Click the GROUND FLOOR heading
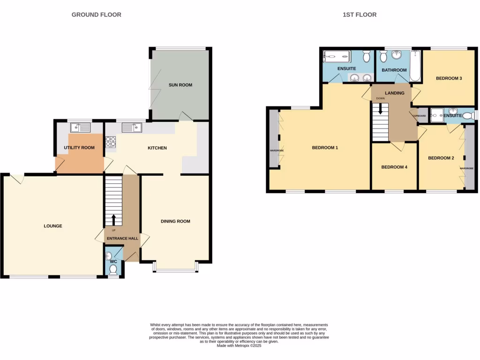point(96,15)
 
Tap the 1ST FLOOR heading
point(360,15)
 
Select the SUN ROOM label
point(180,85)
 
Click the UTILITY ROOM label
point(79,148)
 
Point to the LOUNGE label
point(53,226)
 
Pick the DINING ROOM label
point(175,221)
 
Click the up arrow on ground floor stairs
point(113,219)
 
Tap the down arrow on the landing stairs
point(380,109)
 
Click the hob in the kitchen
point(111,142)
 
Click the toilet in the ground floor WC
point(112,270)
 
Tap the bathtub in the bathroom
point(415,67)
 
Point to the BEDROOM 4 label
point(394,167)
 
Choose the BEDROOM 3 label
point(449,78)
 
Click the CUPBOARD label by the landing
point(420,115)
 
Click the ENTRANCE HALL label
point(122,239)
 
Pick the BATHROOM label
point(394,70)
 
